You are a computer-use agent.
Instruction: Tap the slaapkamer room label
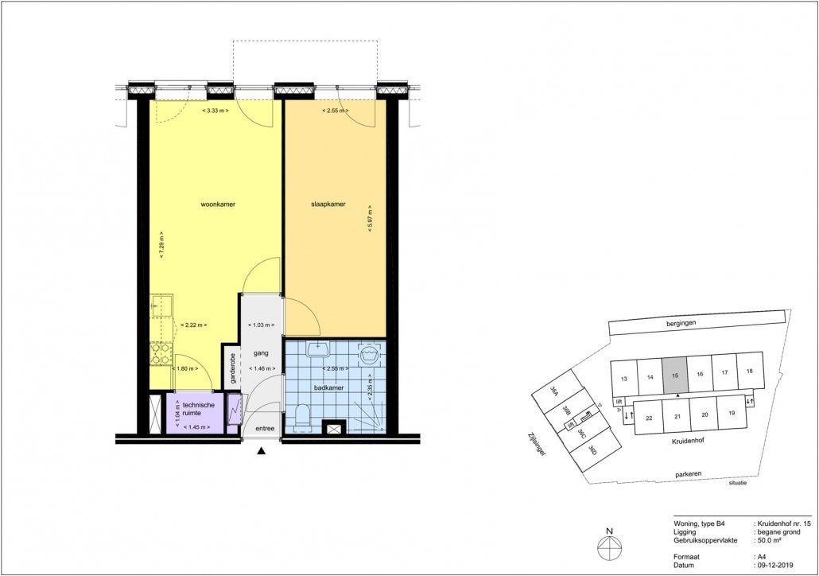(328, 204)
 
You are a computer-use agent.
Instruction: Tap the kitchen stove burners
(161, 354)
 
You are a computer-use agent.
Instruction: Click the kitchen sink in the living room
(161, 306)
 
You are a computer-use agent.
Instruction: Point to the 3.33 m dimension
(217, 111)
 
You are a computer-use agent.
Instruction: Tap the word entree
(264, 429)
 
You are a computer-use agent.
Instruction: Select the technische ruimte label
(198, 409)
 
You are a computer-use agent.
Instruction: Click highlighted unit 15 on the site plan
(675, 376)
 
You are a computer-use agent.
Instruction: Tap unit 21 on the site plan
(677, 416)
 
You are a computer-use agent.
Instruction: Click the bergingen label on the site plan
(682, 325)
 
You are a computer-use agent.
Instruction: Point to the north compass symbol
(609, 548)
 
